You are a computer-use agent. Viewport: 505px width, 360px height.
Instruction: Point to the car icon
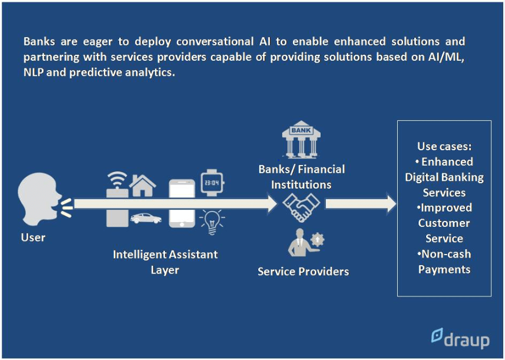click(x=146, y=217)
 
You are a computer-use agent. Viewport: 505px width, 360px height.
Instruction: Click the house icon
click(x=143, y=186)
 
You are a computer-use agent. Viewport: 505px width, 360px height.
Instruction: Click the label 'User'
click(x=33, y=237)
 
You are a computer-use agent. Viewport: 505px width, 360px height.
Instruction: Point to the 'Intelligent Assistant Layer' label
click(x=165, y=262)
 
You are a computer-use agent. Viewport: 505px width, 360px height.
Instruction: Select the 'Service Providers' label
click(x=303, y=272)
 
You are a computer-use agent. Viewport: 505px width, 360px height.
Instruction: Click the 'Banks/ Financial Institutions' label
click(x=301, y=177)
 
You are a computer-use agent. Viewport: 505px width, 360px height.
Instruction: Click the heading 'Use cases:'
click(x=444, y=146)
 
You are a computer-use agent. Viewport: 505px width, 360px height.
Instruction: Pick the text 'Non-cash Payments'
click(x=444, y=262)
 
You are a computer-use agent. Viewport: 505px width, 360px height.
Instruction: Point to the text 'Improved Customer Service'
click(x=444, y=223)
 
